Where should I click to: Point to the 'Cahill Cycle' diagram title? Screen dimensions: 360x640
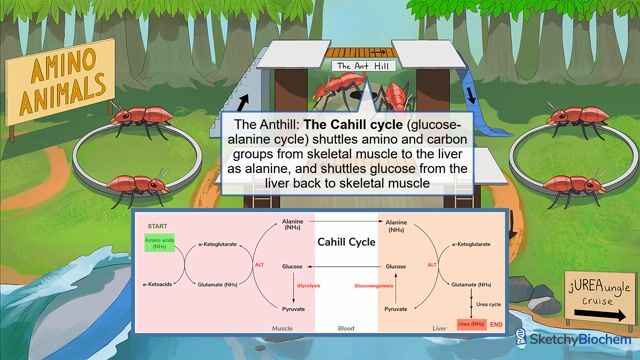(x=344, y=242)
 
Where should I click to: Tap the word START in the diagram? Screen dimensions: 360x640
(x=157, y=226)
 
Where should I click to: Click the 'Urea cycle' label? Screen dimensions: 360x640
(x=487, y=303)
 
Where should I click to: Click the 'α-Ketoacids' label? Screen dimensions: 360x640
(x=159, y=285)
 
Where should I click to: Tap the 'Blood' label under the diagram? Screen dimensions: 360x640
(x=346, y=327)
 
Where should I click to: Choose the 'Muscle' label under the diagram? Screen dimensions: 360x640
(x=283, y=327)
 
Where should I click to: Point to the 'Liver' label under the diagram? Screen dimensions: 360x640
(x=411, y=327)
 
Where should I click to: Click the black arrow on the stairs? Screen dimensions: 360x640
(x=243, y=97)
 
